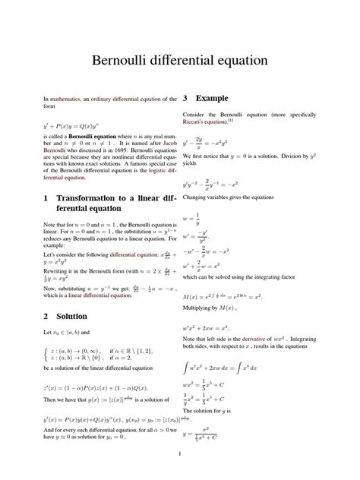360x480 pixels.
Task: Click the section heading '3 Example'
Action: coord(206,99)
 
